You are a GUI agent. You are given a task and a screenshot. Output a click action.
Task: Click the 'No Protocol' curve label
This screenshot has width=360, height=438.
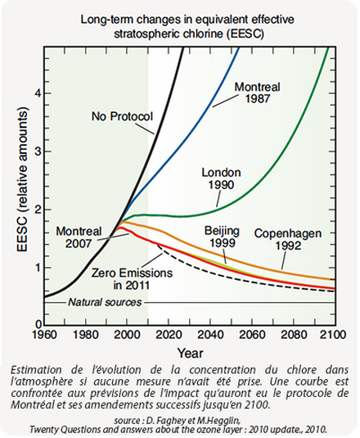pyautogui.click(x=122, y=116)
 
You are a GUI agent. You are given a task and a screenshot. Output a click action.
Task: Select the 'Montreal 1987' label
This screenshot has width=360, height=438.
pyautogui.click(x=257, y=93)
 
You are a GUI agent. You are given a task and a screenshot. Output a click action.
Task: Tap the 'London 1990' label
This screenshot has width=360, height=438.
pyautogui.click(x=221, y=178)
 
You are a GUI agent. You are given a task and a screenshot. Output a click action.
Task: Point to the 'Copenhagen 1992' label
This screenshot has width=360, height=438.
pyautogui.click(x=288, y=239)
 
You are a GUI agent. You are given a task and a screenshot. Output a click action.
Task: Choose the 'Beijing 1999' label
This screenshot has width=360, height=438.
pyautogui.click(x=223, y=237)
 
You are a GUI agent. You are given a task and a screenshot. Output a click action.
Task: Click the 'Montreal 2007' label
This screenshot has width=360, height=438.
pyautogui.click(x=79, y=237)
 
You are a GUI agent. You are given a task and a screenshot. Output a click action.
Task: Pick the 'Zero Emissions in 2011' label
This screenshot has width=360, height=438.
pyautogui.click(x=132, y=279)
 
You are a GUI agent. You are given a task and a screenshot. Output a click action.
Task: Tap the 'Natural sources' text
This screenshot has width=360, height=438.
pyautogui.click(x=105, y=302)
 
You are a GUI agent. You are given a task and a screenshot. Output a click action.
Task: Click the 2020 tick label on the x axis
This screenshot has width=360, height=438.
pyautogui.click(x=169, y=334)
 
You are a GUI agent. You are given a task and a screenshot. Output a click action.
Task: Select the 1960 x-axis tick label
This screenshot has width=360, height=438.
pyautogui.click(x=44, y=334)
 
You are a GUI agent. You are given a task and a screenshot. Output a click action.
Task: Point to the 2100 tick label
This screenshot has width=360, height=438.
pyautogui.click(x=333, y=334)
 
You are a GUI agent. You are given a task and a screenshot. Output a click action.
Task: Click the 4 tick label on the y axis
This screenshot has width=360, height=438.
pyautogui.click(x=38, y=93)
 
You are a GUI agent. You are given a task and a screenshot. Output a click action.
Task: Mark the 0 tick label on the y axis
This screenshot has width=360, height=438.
pyautogui.click(x=38, y=324)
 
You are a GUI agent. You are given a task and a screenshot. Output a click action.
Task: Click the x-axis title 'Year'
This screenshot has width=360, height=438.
pyautogui.click(x=191, y=354)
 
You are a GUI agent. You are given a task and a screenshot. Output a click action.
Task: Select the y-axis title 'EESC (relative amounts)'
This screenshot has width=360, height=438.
pyautogui.click(x=23, y=180)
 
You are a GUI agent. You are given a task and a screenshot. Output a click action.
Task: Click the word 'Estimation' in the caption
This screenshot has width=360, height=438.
pyautogui.click(x=36, y=370)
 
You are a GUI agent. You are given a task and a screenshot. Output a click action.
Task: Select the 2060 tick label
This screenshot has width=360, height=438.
pyautogui.click(x=251, y=334)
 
